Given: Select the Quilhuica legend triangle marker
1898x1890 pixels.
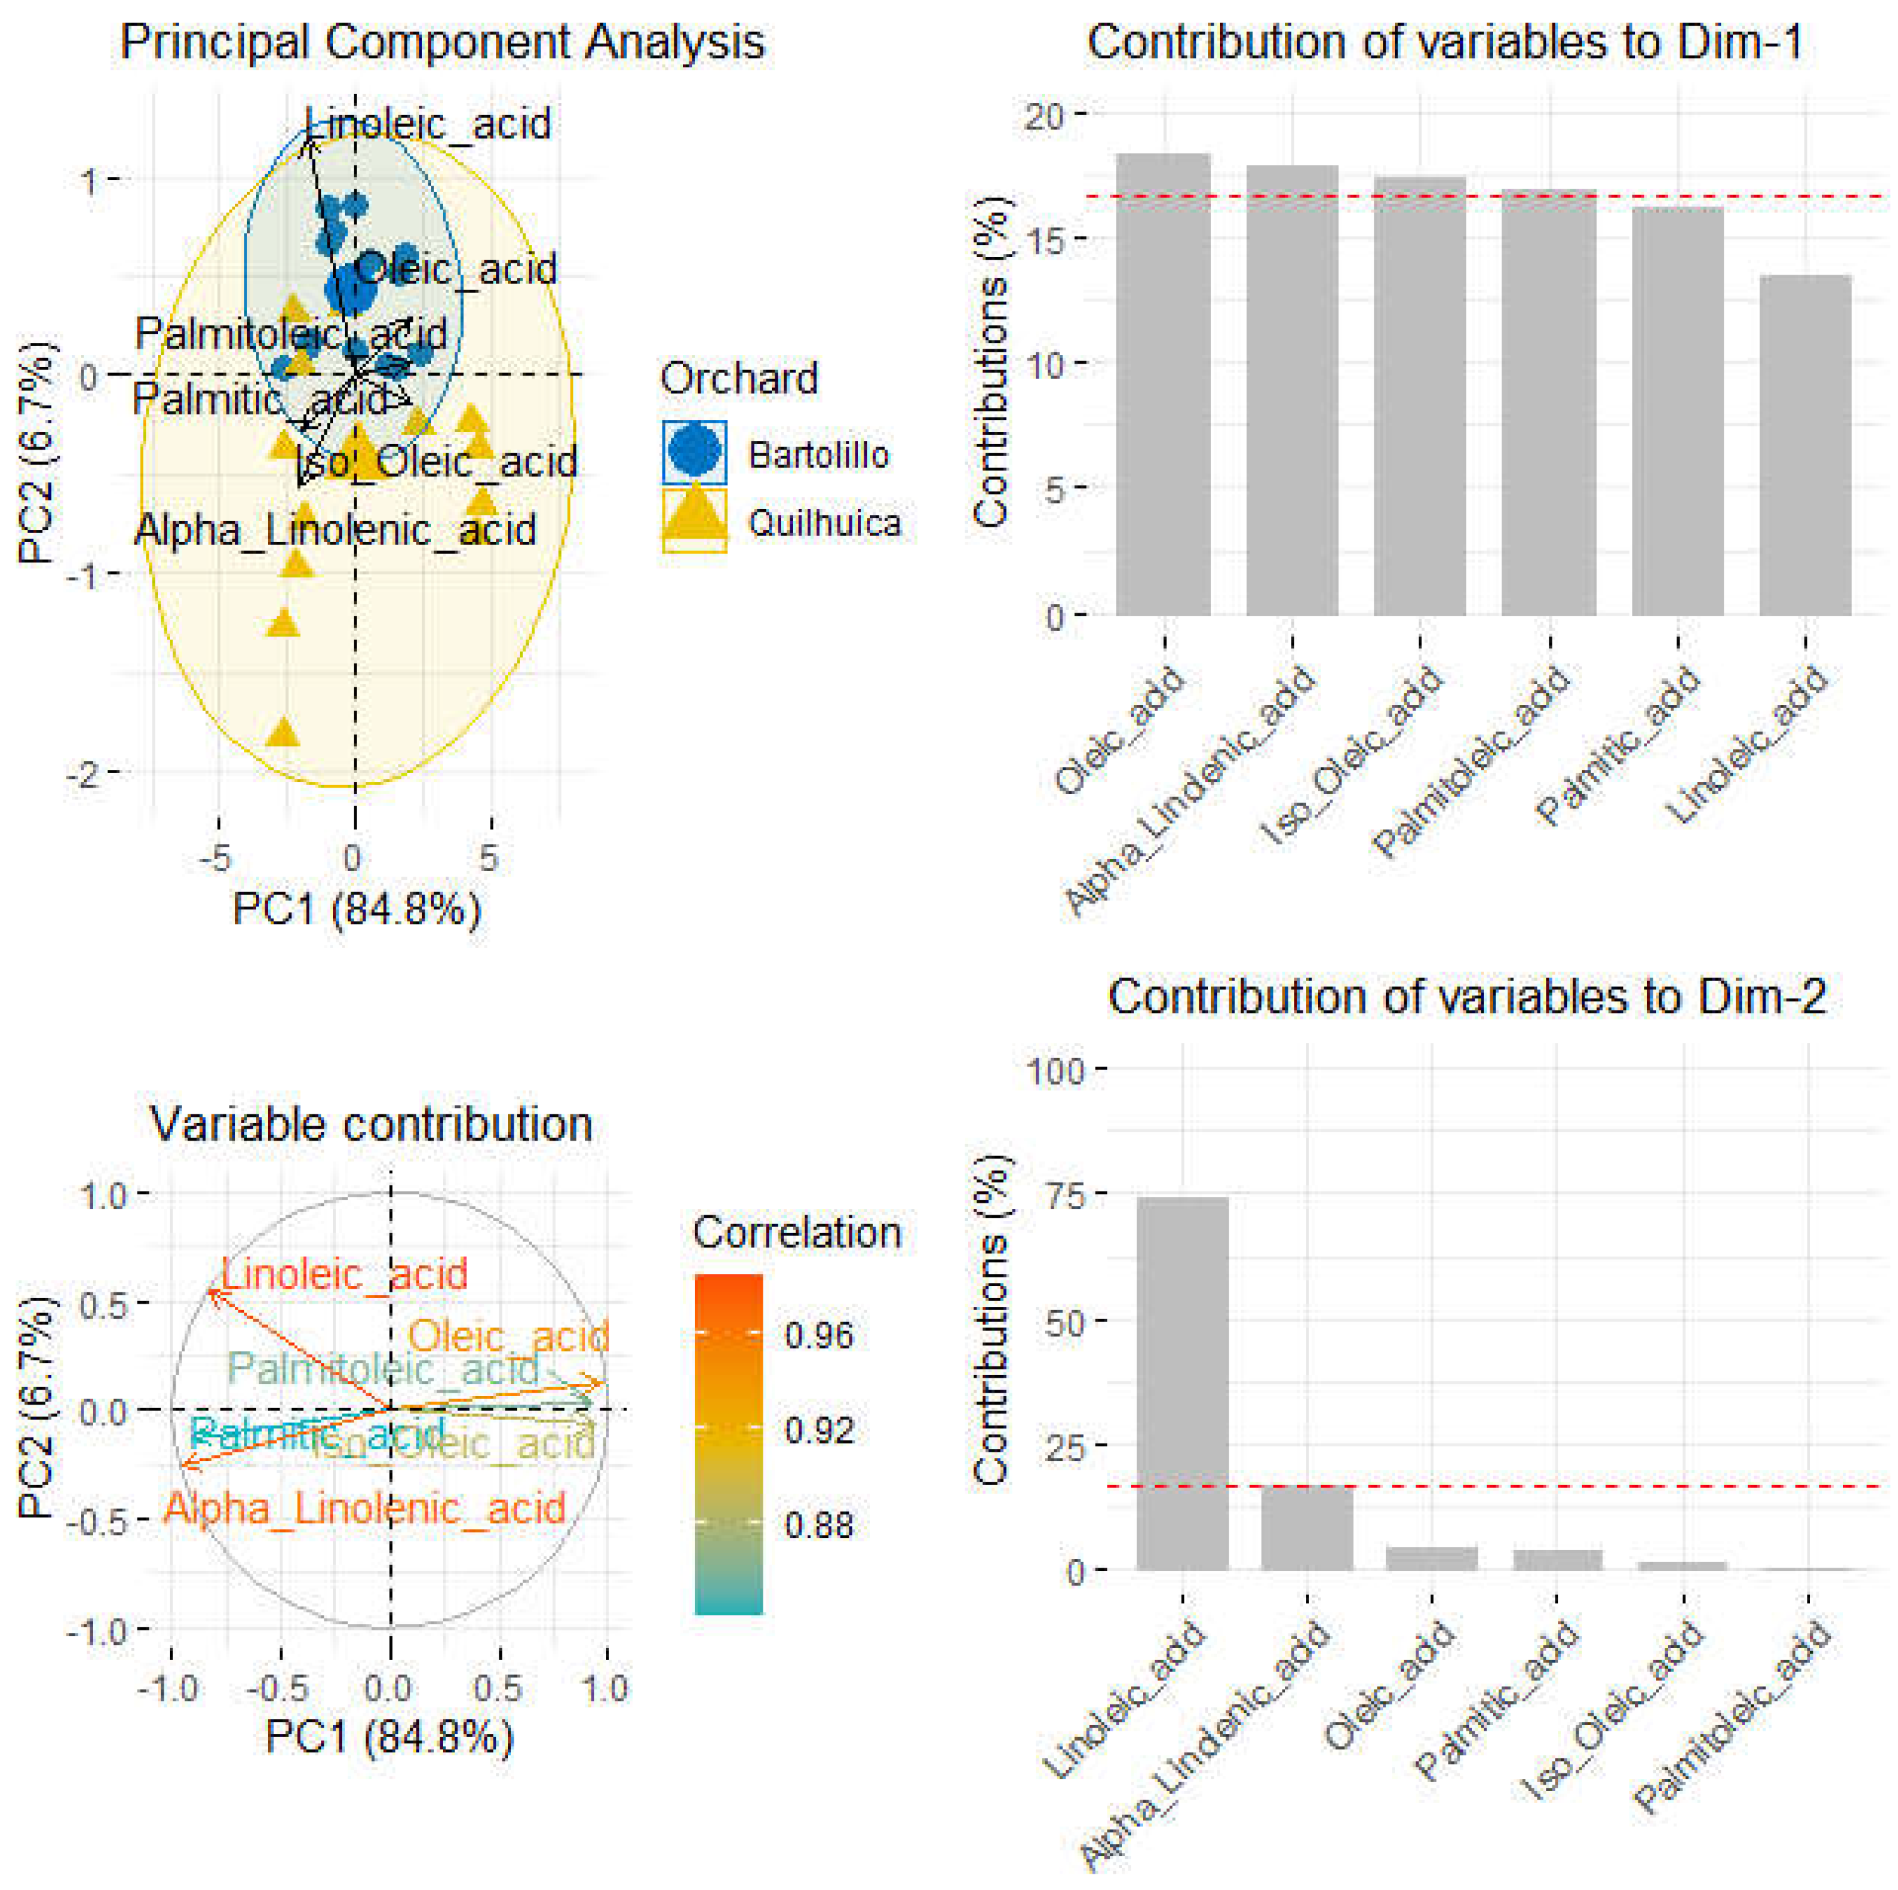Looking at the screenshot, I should (x=694, y=518).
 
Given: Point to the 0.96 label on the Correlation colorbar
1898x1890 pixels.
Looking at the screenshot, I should (x=819, y=1335).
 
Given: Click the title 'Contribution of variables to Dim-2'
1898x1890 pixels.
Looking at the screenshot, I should (x=1466, y=997).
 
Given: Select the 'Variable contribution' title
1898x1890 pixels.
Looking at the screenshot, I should (x=371, y=1124).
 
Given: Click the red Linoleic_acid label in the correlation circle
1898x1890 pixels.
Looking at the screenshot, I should (x=344, y=1275).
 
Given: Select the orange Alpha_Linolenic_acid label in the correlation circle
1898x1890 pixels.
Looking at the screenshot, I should (x=364, y=1508).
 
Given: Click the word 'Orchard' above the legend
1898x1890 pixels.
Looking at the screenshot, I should (x=739, y=378).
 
